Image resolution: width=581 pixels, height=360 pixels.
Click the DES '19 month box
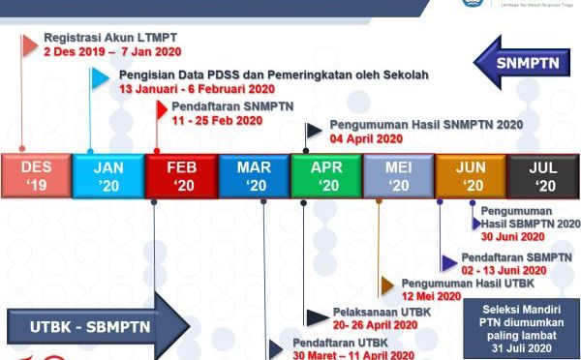pyautogui.click(x=36, y=175)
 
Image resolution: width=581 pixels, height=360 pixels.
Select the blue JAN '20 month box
pyautogui.click(x=108, y=175)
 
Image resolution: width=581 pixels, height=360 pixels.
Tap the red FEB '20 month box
pyautogui.click(x=181, y=175)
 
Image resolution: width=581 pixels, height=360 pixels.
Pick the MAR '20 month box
pyautogui.click(x=254, y=175)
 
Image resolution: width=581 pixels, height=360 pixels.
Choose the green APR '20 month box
pyautogui.click(x=326, y=175)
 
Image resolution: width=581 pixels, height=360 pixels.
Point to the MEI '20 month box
pyautogui.click(x=399, y=175)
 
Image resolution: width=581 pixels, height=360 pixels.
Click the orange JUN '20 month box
pyautogui.click(x=472, y=175)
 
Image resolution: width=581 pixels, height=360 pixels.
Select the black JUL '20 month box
pyautogui.click(x=543, y=175)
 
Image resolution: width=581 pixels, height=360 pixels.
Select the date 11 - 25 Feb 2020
pyautogui.click(x=217, y=121)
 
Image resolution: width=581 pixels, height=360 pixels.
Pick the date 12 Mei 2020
pyautogui.click(x=430, y=296)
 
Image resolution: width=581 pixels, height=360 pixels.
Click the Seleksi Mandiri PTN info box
pyautogui.click(x=520, y=326)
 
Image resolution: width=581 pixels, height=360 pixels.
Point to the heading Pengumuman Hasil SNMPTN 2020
pyautogui.click(x=426, y=125)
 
